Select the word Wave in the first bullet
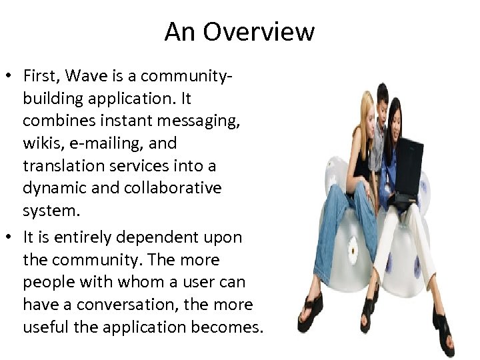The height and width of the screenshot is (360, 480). point(86,76)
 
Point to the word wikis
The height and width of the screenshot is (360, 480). point(43,143)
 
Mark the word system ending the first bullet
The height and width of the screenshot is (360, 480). point(51,212)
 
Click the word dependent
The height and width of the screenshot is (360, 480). point(161,237)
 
